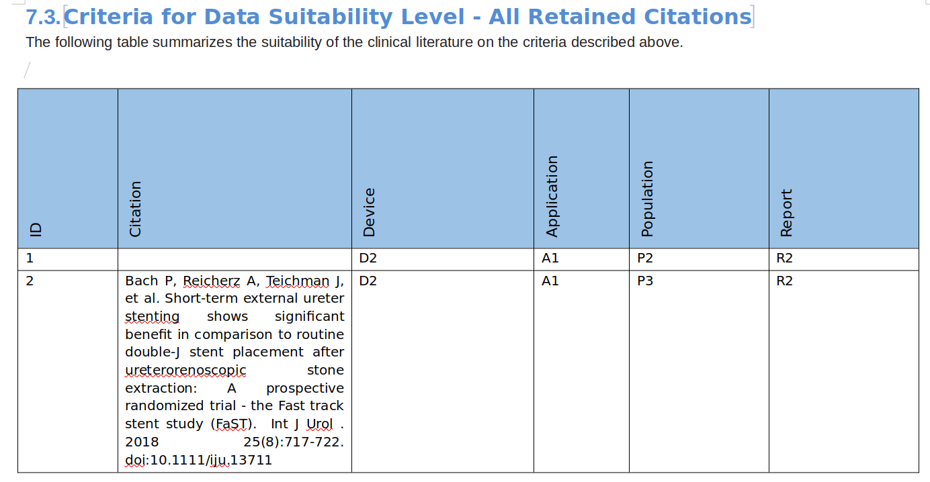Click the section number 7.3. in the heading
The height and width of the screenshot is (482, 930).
coord(43,17)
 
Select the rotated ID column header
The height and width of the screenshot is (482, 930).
coord(36,230)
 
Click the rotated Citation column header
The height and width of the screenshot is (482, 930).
coord(136,209)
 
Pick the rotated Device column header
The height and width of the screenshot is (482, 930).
coord(369,212)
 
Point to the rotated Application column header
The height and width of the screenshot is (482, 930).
coord(552,196)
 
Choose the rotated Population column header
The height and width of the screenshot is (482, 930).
coord(647,199)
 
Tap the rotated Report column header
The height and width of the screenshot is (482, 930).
coord(787,213)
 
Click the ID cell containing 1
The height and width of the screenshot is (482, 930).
coord(30,258)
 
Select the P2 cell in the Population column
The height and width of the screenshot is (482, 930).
coord(644,258)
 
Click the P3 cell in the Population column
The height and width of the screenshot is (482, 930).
coord(644,281)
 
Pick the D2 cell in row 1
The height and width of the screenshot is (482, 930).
coord(368,258)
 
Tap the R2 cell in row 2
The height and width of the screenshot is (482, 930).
coord(784,281)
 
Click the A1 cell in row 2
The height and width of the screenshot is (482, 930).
coord(550,281)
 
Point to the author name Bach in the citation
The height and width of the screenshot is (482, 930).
coord(141,281)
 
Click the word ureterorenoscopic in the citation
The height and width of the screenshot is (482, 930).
coord(185,370)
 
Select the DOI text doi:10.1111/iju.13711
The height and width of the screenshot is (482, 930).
coord(198,460)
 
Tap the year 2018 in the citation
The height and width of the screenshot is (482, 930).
coord(142,442)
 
